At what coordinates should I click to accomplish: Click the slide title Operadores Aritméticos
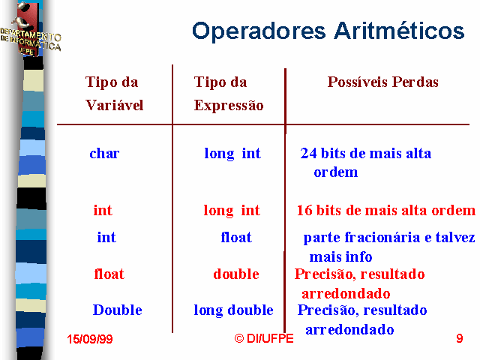click(x=328, y=31)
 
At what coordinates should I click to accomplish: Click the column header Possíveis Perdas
click(x=383, y=82)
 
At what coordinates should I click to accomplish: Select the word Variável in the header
click(x=115, y=105)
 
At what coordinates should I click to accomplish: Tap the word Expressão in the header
click(x=229, y=106)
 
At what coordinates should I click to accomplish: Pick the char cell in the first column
click(x=104, y=153)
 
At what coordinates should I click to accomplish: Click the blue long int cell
click(x=232, y=154)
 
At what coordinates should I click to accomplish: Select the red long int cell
click(x=232, y=211)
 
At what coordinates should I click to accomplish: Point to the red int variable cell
click(x=103, y=210)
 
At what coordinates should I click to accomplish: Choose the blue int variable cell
click(x=106, y=237)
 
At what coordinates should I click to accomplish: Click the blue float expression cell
click(x=236, y=237)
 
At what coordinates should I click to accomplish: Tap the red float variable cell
click(x=109, y=274)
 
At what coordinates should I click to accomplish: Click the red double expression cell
click(x=236, y=274)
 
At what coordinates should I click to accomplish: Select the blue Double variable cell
click(x=118, y=310)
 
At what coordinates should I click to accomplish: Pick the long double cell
click(x=233, y=310)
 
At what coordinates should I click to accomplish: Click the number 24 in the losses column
click(x=308, y=153)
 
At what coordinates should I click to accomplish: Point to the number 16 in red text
click(x=304, y=210)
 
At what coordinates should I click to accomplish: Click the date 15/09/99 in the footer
click(x=90, y=339)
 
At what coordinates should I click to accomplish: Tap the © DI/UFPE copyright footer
click(x=264, y=338)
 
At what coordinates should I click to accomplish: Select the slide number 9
click(x=460, y=338)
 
